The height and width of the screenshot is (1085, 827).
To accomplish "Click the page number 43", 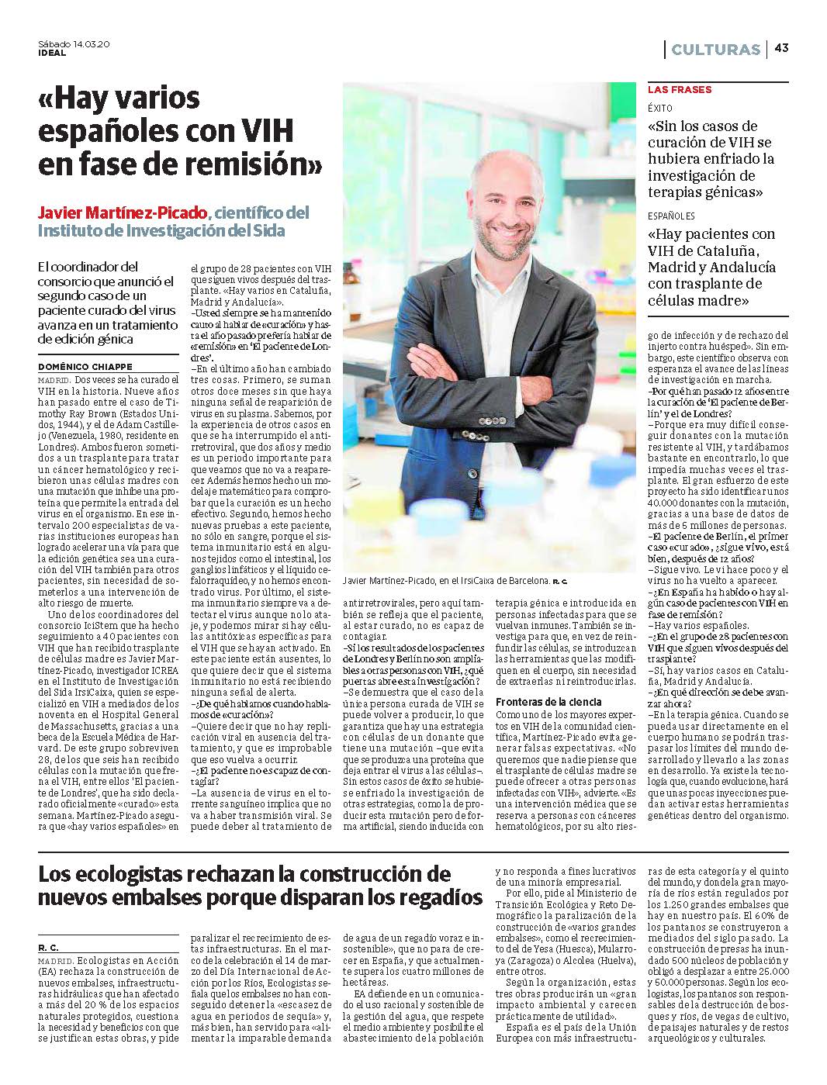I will click(x=780, y=50).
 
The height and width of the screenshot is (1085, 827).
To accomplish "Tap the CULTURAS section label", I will click(x=715, y=50).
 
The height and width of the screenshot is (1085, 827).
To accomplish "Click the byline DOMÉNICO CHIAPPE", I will click(x=85, y=366).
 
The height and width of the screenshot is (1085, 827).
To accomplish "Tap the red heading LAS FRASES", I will click(x=680, y=90).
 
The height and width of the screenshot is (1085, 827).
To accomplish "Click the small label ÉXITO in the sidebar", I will click(x=660, y=108).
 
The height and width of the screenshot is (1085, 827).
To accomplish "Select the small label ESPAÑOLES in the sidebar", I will click(x=672, y=216).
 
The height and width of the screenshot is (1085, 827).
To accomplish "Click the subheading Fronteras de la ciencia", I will click(x=548, y=701).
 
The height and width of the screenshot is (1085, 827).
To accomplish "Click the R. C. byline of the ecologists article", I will click(x=48, y=948).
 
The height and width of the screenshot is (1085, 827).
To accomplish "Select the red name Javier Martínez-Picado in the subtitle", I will click(x=123, y=213).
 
